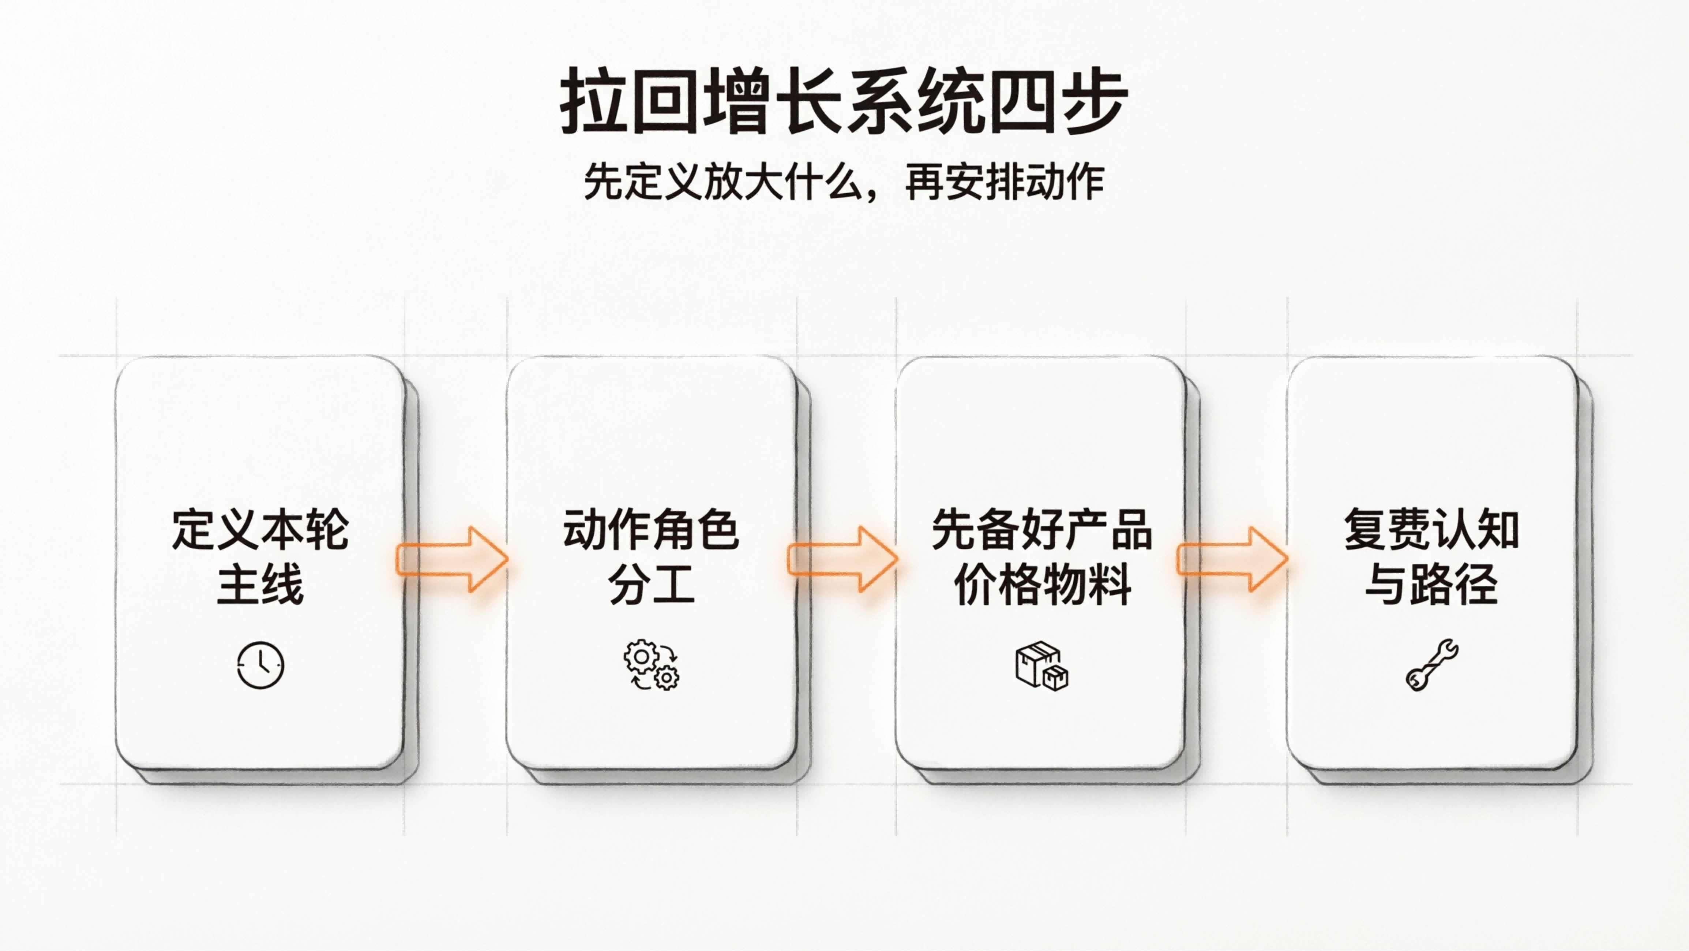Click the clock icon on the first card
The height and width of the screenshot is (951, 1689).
pos(260,665)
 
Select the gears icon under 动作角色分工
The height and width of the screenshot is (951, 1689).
pos(651,665)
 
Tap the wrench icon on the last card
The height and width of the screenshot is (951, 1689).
pos(1432,665)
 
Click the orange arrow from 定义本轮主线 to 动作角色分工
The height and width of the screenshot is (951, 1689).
pos(453,559)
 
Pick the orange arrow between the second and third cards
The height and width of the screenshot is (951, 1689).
pos(842,559)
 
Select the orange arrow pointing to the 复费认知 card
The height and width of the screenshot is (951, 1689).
pos(1233,559)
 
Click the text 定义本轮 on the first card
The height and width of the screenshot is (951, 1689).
pos(260,529)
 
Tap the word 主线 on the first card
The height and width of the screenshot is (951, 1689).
pos(260,584)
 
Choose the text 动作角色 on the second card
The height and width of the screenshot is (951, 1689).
pos(651,529)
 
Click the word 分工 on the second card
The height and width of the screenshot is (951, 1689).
pos(651,584)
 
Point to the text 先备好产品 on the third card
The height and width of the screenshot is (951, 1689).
pos(1041,529)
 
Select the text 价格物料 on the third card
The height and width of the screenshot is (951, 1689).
pos(1041,584)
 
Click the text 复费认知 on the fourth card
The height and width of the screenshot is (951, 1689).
pos(1432,529)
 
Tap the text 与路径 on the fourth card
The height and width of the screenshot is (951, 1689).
pos(1432,584)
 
